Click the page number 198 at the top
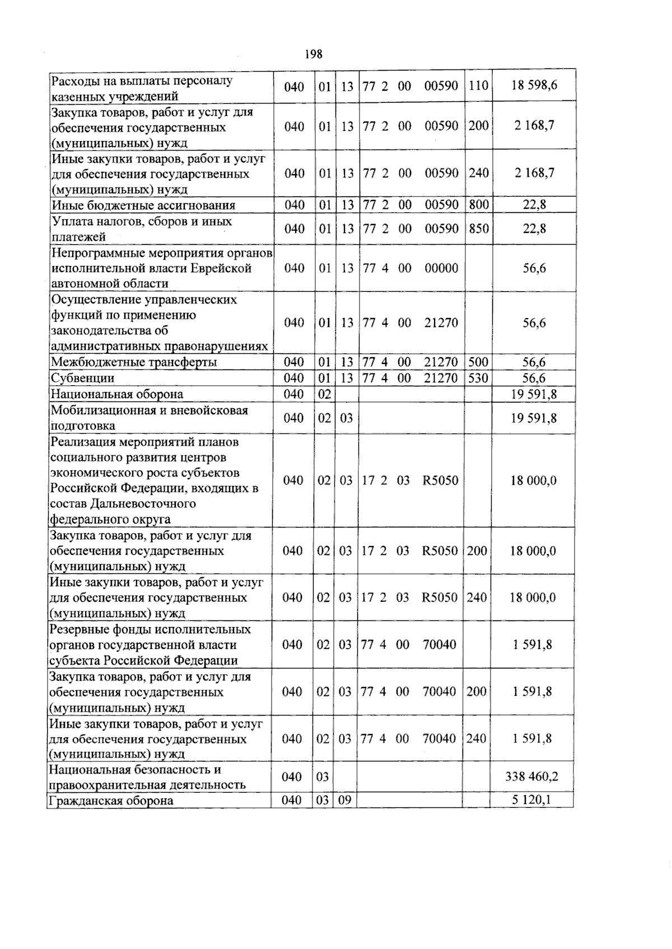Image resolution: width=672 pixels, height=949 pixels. [x=314, y=54]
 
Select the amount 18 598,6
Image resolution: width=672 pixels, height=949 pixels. [x=534, y=86]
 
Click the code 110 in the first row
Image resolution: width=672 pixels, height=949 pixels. [x=478, y=86]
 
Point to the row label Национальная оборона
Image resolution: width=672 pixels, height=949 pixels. [x=116, y=394]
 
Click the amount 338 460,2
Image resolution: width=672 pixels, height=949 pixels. [x=531, y=777]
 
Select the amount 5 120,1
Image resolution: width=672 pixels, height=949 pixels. [x=531, y=800]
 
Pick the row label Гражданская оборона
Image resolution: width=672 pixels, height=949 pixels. [x=111, y=801]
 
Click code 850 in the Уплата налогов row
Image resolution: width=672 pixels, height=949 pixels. [x=478, y=228]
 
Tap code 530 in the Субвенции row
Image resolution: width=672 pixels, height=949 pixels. [x=478, y=378]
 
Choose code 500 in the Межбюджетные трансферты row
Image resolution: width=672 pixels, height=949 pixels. [x=478, y=362]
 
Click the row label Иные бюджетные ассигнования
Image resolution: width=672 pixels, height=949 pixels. [x=143, y=205]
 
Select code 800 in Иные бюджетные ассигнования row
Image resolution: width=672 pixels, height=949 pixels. [x=478, y=204]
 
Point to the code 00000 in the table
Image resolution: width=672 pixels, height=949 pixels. [x=441, y=268]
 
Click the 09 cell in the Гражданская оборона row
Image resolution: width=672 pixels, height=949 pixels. [x=345, y=800]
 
